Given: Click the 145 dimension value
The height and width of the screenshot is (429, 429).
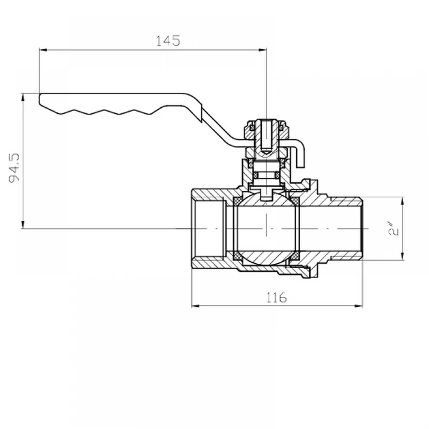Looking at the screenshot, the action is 168,41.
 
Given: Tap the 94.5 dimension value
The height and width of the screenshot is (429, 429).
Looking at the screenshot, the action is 14,168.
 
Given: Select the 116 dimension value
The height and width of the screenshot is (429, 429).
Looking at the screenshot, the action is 277,297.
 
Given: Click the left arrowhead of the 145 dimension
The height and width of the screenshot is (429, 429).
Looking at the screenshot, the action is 43,50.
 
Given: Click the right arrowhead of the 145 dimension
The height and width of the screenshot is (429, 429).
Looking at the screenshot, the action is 263,50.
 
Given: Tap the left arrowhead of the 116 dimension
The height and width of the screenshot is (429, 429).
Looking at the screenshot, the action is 196,306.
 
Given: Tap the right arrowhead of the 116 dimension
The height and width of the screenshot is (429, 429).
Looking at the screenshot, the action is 358,306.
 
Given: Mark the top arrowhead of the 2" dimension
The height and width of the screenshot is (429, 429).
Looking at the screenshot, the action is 402,201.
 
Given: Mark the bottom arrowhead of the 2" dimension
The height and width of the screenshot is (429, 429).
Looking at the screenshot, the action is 402,256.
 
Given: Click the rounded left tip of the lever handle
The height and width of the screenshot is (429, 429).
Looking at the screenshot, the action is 39,99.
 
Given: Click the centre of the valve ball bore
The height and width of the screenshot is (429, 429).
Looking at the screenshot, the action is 266,228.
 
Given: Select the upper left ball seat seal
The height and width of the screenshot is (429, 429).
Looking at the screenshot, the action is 237,202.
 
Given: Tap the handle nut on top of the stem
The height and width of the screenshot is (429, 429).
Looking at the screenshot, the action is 266,129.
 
